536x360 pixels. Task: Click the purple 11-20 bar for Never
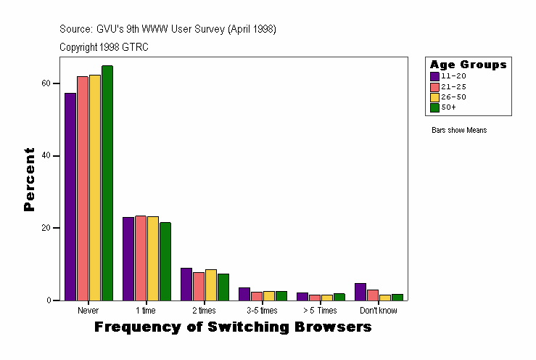point(70,196)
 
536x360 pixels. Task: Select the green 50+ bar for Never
point(107,182)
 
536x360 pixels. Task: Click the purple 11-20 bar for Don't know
point(360,291)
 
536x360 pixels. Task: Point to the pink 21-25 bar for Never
point(83,188)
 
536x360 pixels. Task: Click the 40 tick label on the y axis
point(46,155)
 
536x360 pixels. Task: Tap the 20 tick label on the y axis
point(46,228)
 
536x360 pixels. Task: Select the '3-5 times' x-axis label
point(263,311)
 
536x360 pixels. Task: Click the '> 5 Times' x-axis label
point(321,311)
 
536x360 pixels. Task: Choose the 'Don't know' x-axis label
point(379,311)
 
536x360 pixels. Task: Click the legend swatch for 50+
point(434,107)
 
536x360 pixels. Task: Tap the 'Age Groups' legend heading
point(468,65)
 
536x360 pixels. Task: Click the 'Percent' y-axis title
point(29,179)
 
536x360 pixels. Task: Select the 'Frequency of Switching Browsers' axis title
point(233,327)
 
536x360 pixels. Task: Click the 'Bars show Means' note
point(459,130)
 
